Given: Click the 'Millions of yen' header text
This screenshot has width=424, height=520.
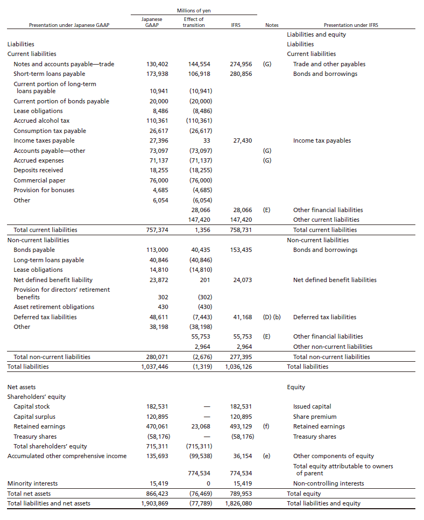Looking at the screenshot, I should pos(193,11).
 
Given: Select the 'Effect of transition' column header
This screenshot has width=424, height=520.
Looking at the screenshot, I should pos(193,22).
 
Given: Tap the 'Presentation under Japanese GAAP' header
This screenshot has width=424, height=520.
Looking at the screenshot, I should pos(69,25).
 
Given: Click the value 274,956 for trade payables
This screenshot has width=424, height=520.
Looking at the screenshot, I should pos(241,64).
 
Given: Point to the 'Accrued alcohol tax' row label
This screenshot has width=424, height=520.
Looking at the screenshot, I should pos(41,121).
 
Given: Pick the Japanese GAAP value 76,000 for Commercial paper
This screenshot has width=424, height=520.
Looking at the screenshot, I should pos(158,180).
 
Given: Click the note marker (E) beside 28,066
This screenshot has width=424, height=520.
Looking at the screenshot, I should pos(267,210).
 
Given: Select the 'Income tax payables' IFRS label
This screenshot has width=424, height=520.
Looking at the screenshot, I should pos(322,140).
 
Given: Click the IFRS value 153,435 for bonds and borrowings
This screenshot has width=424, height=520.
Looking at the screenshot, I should pos(241,250).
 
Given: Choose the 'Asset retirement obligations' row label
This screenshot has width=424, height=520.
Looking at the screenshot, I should pos(54,307).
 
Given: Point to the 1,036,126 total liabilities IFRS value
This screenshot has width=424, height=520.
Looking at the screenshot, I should pos(238,367).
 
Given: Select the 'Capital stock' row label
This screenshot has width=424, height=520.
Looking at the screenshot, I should pos(32,406).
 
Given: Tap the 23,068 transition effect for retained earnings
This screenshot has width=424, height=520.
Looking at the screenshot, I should pos(201,426).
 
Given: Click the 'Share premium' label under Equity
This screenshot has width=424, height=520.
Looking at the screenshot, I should pos(315,417).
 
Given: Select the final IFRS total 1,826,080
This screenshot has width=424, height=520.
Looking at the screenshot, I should pos(238,504).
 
